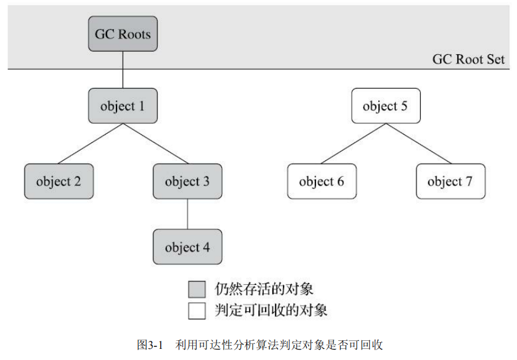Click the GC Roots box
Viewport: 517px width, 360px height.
[x=123, y=33]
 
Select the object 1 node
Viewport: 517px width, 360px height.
[x=123, y=106]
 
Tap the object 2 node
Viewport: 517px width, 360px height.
[x=59, y=181]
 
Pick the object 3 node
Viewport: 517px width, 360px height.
[x=187, y=181]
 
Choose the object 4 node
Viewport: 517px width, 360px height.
[x=187, y=247]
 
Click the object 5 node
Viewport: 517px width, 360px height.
[x=385, y=106]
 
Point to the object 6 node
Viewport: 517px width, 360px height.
[x=322, y=181]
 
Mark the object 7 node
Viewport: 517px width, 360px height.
[x=450, y=181]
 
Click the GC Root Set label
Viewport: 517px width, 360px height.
[x=468, y=59]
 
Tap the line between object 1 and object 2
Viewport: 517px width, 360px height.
[x=91, y=144]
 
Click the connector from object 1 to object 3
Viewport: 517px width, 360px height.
[x=155, y=144]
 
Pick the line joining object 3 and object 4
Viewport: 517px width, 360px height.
[x=187, y=214]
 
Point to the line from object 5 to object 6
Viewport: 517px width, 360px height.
[x=353, y=144]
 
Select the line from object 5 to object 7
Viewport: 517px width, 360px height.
[x=418, y=144]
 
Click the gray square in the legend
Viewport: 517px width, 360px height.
[x=197, y=289]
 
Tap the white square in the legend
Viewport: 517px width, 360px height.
[x=197, y=310]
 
